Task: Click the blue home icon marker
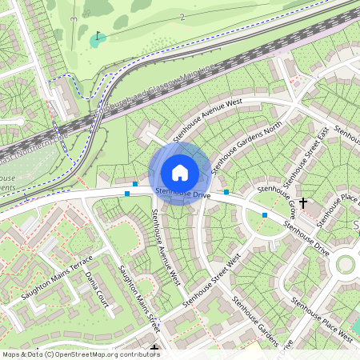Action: tap(180, 172)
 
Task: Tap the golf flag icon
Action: tap(98, 36)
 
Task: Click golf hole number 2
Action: tap(182, 16)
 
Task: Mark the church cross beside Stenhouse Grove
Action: tap(303, 203)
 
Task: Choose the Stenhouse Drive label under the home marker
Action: tap(183, 194)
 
